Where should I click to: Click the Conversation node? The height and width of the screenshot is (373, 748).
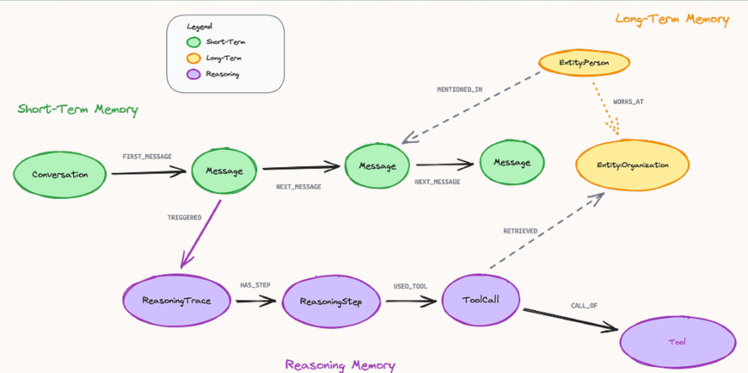tap(60, 175)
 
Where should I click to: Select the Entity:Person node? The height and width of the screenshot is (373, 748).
tap(584, 63)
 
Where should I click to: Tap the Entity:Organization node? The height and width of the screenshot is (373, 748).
tap(632, 165)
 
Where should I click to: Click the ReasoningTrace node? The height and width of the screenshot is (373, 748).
tap(176, 301)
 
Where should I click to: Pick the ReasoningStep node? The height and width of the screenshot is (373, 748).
tap(331, 302)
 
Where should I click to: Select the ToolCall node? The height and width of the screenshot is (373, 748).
tap(481, 300)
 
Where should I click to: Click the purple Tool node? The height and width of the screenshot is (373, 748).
tap(677, 342)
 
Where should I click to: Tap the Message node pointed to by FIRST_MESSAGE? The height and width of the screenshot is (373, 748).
tap(224, 171)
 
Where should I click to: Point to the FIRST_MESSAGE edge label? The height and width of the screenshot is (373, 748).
tap(147, 157)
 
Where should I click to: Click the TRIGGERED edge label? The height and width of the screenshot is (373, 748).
tap(184, 218)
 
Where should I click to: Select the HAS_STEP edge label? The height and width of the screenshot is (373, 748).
tap(256, 284)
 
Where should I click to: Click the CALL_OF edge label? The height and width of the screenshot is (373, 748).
tap(585, 306)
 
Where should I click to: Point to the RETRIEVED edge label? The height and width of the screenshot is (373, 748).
tap(520, 231)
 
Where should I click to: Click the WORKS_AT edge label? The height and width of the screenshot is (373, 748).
tap(628, 102)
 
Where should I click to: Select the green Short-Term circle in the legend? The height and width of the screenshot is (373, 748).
tap(193, 42)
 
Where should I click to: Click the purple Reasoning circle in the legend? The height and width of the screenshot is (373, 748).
tap(193, 74)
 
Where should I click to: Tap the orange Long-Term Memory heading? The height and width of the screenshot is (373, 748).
tap(671, 19)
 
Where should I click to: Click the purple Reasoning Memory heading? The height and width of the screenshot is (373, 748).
tap(340, 364)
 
